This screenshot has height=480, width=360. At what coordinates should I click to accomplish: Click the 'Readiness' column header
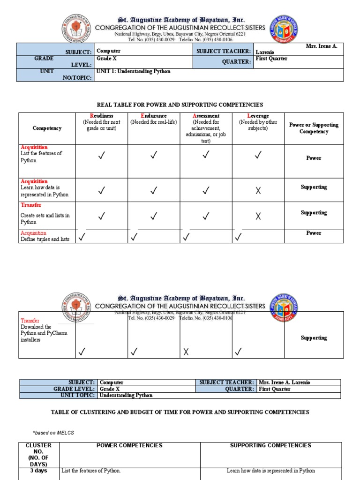[101, 116]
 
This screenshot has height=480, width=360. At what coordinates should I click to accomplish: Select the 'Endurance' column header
[153, 116]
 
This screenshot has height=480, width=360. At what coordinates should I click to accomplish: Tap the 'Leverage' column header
[257, 116]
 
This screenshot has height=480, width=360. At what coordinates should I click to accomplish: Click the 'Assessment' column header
[206, 116]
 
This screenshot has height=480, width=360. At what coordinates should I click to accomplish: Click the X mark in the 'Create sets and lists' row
[257, 216]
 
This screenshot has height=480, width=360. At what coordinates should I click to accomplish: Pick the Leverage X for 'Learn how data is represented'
[257, 190]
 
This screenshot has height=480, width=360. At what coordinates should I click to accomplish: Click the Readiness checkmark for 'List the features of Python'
[101, 156]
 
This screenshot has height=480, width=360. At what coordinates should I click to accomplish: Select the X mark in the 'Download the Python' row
[186, 352]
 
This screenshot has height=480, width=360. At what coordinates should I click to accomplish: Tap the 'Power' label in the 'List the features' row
[314, 158]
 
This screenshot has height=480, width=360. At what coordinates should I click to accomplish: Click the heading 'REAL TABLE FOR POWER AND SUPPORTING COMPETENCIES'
[180, 105]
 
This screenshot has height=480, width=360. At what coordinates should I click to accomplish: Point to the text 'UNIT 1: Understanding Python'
[133, 71]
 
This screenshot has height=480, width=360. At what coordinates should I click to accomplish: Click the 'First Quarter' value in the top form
[271, 59]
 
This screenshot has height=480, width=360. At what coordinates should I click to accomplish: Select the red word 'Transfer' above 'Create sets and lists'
[31, 205]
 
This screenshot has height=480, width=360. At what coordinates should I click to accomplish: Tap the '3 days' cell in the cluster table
[38, 471]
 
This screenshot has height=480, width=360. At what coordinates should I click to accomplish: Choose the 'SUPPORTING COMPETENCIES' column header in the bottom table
[270, 445]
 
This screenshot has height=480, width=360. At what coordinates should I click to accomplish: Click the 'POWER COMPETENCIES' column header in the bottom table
[129, 445]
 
